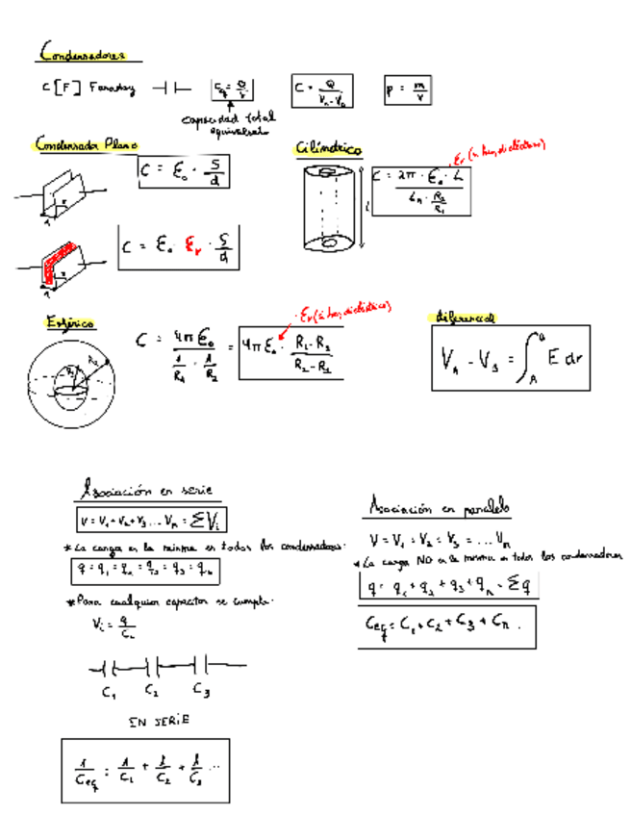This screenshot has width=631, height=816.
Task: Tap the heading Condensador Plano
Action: pos(87,144)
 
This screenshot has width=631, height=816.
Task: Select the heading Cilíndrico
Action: pos(329,150)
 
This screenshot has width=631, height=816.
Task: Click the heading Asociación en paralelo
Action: pos(440,506)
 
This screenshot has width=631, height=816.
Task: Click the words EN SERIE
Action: pos(159,720)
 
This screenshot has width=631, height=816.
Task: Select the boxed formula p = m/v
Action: pos(408,89)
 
